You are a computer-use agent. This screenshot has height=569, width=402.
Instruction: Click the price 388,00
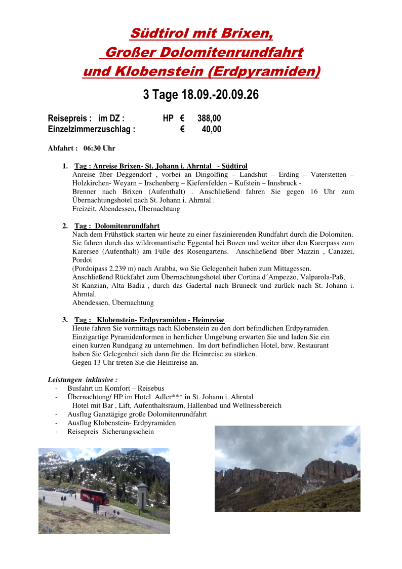[209, 119]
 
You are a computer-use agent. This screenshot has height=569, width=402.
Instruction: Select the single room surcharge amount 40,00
[212, 129]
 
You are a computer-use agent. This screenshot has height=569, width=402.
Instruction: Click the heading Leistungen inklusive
[83, 380]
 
